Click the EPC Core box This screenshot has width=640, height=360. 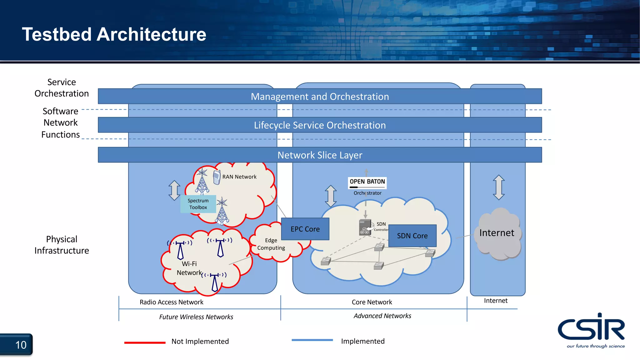click(x=305, y=229)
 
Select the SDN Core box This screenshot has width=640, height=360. click(x=412, y=236)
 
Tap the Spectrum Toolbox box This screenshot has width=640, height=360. click(x=198, y=204)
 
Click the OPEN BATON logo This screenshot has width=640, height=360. click(x=367, y=182)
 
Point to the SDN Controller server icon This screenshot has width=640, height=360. click(x=365, y=227)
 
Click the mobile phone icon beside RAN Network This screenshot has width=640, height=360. click(x=216, y=177)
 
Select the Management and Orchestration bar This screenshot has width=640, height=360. click(x=320, y=96)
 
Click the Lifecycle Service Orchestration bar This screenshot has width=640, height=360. click(x=320, y=125)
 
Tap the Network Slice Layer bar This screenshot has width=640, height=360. click(x=320, y=155)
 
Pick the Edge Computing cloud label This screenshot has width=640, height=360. click(x=271, y=244)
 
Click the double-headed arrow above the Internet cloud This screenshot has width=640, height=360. click(x=499, y=187)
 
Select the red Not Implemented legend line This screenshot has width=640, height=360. click(x=145, y=342)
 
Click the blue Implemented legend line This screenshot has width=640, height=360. click(x=312, y=340)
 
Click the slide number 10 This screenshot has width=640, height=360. click(x=21, y=345)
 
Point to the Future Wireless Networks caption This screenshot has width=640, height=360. click(x=196, y=317)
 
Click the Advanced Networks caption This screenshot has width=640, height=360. click(x=382, y=316)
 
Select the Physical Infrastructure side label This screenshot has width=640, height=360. click(x=62, y=245)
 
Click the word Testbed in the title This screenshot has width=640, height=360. click(x=57, y=34)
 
